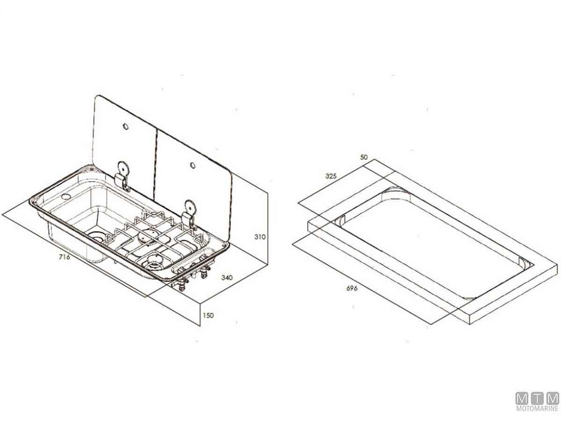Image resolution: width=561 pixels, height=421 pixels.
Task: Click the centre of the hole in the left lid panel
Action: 125,126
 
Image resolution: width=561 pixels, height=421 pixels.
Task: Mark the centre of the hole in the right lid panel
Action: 193,166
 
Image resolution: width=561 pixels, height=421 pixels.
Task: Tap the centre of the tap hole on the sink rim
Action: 66,197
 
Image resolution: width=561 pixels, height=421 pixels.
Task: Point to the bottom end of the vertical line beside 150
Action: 200,326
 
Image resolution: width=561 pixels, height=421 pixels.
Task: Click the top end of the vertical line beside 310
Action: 267,193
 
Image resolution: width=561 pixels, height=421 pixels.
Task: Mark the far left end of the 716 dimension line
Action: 1,215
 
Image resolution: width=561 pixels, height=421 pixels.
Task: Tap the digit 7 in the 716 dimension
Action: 61,257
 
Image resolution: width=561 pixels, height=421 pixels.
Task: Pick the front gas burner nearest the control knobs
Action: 155,261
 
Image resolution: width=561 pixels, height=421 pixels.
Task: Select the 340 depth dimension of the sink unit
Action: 227,277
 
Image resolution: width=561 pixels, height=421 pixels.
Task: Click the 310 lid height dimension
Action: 260,237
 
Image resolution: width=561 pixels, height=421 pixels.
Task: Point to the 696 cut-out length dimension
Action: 352,288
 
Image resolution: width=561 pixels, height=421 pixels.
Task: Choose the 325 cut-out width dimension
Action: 331,176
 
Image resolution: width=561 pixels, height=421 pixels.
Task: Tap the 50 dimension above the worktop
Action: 364,157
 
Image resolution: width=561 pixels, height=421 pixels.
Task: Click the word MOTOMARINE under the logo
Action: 537,408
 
